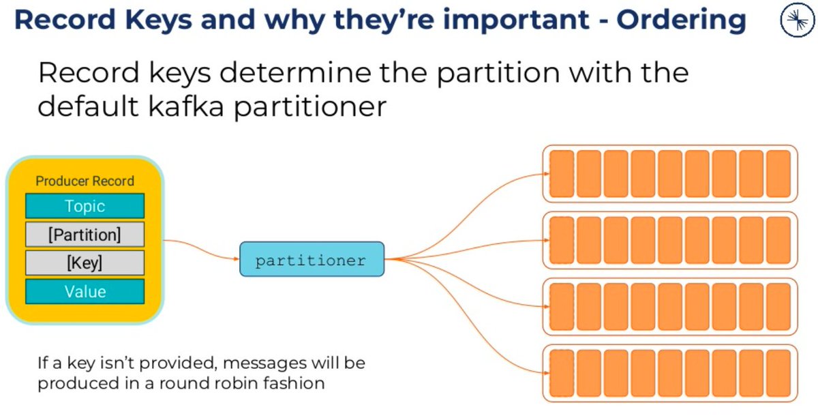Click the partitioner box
(312, 259)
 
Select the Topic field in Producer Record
(85, 206)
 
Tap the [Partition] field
(85, 235)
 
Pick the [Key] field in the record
(85, 263)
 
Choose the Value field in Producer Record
(85, 292)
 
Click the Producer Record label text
(85, 181)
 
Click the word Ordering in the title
(681, 21)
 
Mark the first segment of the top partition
(562, 174)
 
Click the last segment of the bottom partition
(778, 373)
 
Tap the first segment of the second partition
(562, 240)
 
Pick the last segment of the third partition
(778, 307)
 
